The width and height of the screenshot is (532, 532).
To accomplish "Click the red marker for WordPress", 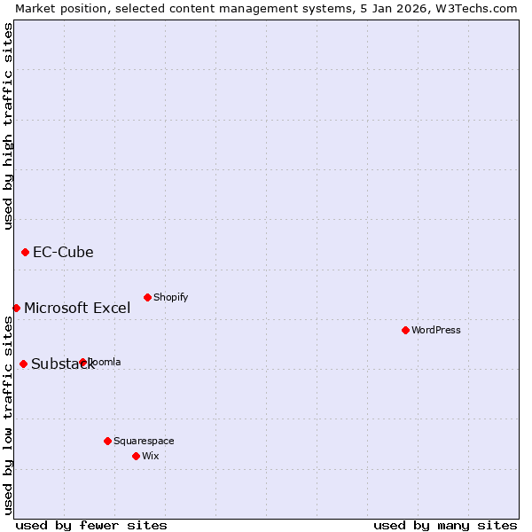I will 405,330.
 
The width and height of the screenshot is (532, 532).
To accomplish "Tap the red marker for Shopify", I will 147,297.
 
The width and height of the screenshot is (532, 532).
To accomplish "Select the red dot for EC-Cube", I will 25,252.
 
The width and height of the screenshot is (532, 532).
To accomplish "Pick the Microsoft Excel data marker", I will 16,308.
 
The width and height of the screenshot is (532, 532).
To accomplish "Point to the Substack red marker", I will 23,364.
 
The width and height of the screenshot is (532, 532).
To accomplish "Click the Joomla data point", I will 82,362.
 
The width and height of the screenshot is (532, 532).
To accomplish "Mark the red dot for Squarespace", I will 107,441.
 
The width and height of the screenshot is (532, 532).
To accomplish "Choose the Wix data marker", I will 136,456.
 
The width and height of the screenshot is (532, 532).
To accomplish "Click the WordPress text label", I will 436,330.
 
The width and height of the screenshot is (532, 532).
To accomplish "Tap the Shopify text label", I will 171,297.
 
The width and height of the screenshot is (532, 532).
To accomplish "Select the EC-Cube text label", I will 63,252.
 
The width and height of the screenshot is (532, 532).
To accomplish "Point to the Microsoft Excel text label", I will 77,308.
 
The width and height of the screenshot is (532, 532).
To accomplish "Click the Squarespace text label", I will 144,441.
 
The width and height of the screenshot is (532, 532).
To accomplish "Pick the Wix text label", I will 151,456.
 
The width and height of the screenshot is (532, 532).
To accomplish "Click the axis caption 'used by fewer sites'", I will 91,525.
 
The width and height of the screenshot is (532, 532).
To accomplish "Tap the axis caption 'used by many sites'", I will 445,525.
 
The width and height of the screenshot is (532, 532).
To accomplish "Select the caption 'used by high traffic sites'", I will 8,126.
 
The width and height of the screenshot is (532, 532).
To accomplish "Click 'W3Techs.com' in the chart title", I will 480,8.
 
